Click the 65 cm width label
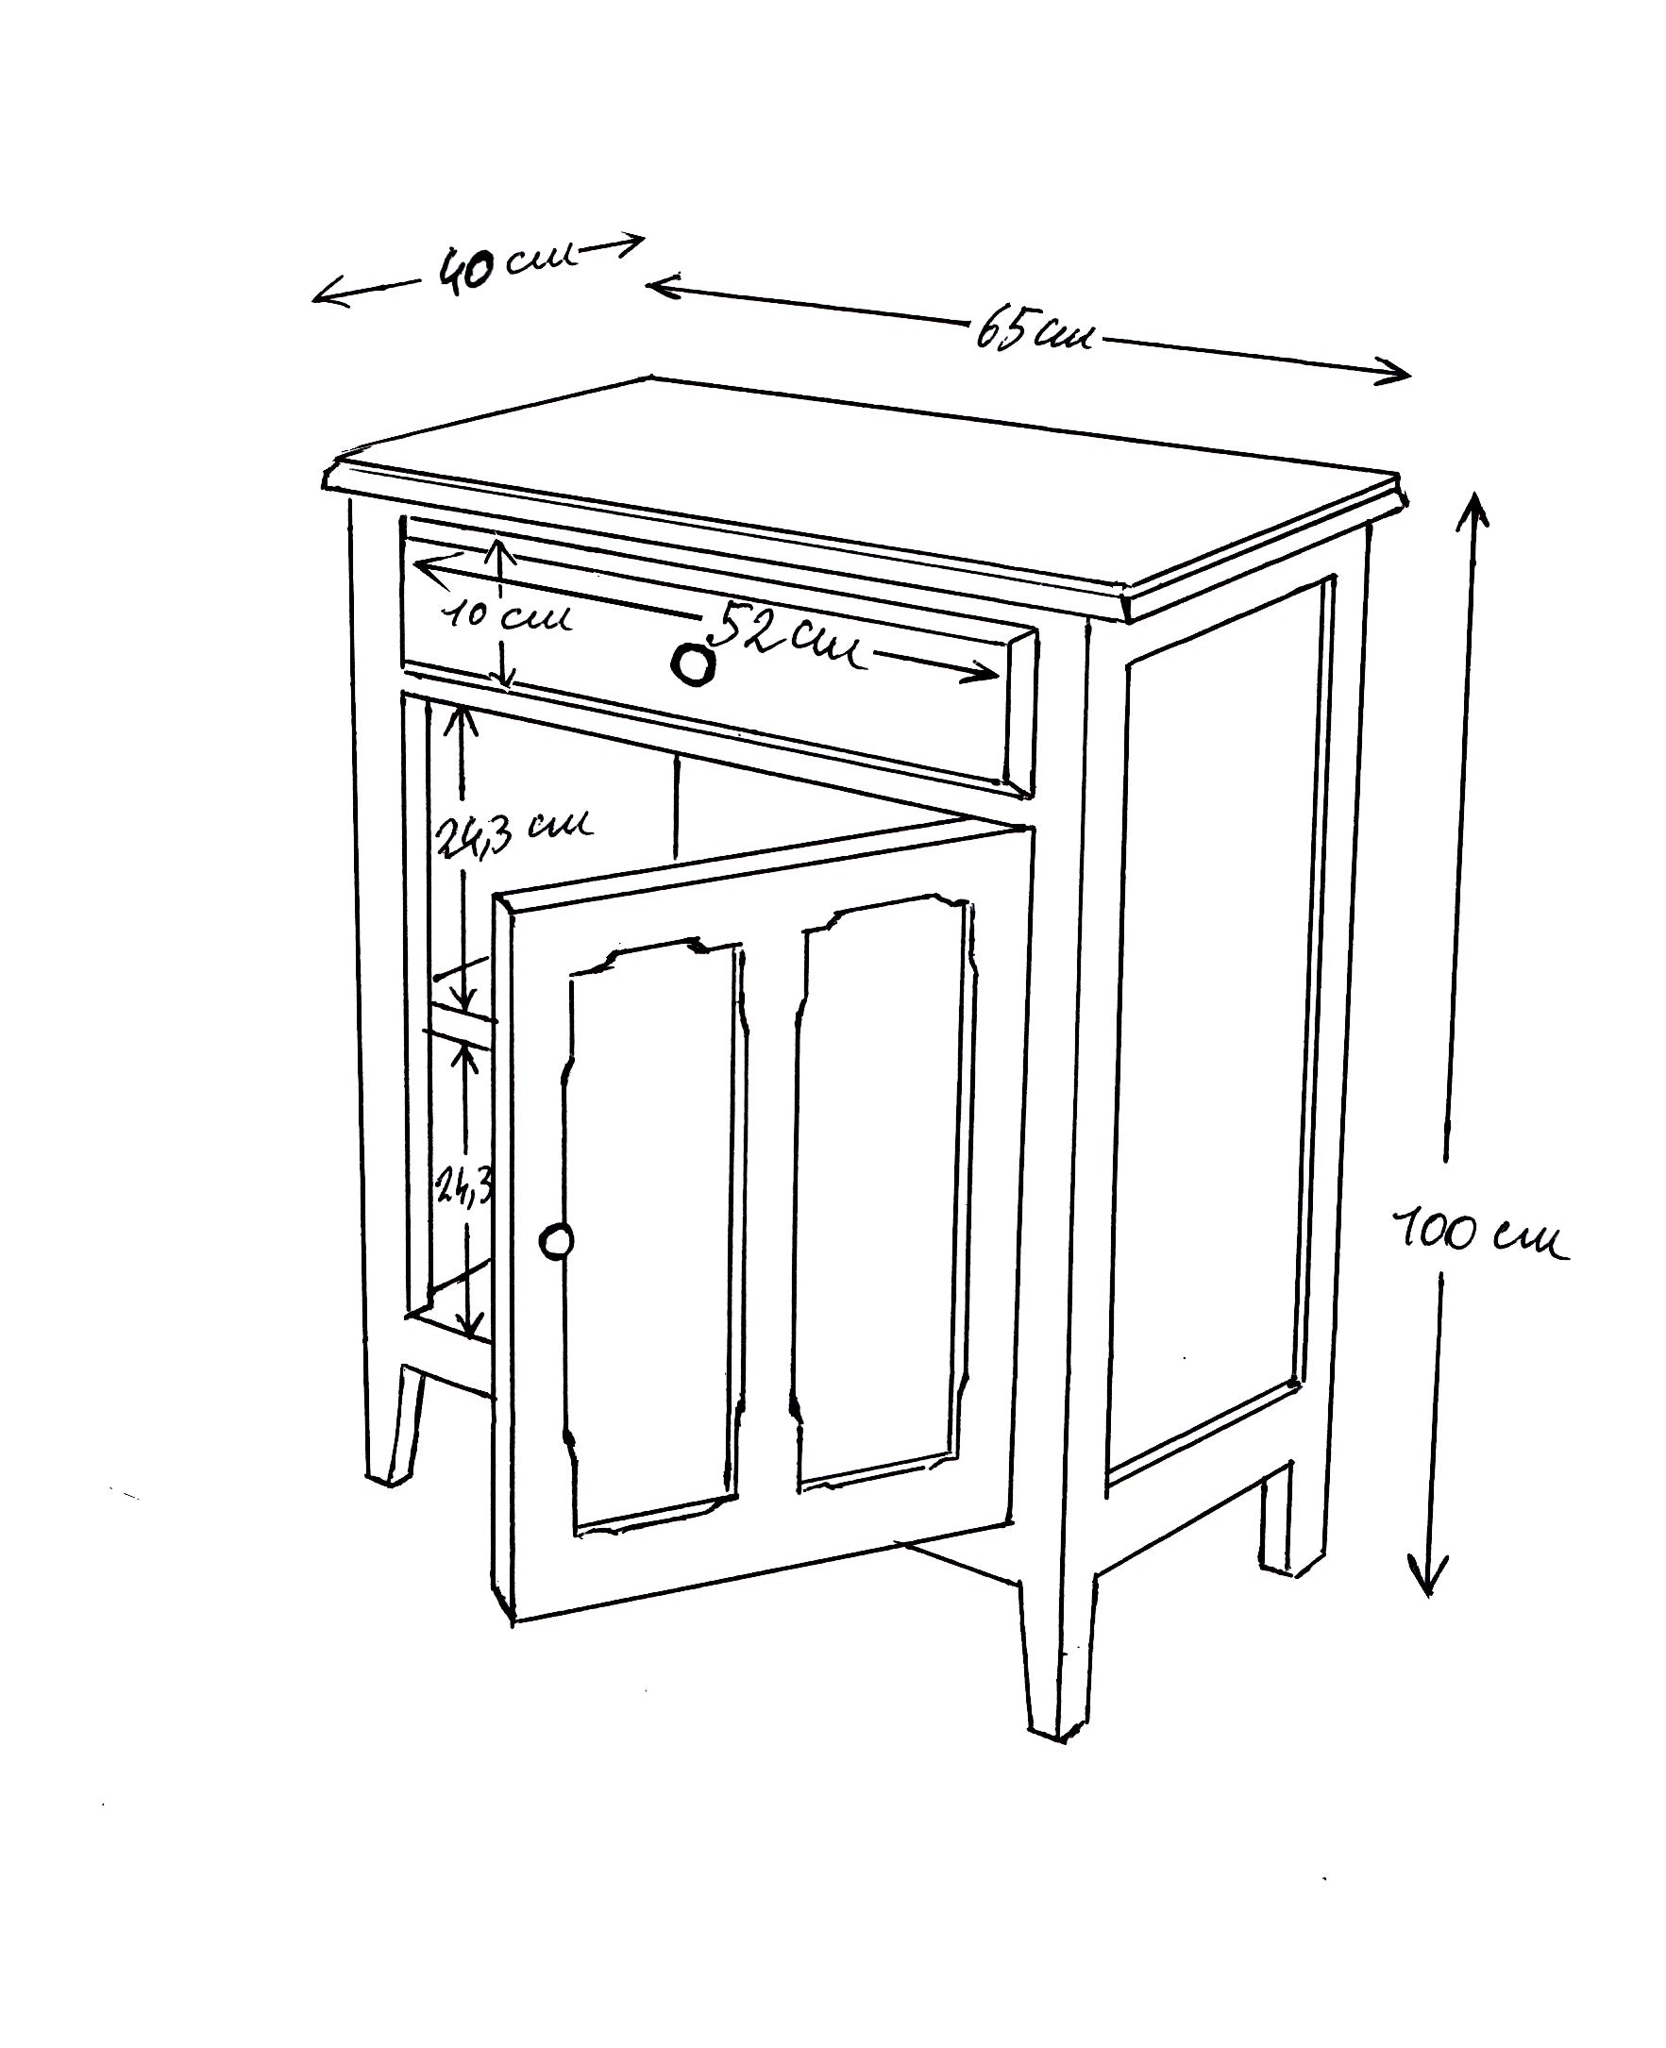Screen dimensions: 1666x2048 coord(1035,332)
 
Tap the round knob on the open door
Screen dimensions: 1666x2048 coord(556,1241)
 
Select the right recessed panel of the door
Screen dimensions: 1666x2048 coord(883,1190)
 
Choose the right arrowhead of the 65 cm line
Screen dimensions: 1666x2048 coord(1396,372)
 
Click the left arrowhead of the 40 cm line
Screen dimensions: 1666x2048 coord(327,294)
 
